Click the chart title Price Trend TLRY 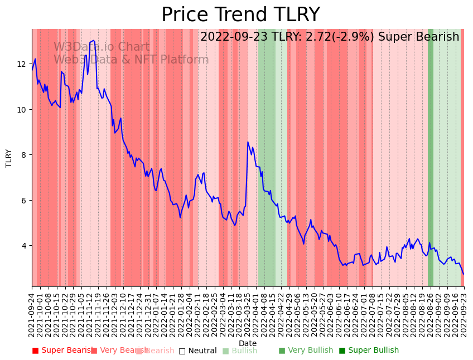pos(240,15)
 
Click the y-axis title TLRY pos(9,158)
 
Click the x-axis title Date pos(248,343)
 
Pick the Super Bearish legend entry pos(62,351)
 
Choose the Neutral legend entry pos(197,351)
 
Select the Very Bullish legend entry pos(306,351)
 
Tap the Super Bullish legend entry pos(369,351)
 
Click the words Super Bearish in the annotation pos(418,37)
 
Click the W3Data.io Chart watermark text pos(102,47)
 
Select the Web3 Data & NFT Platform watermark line pos(131,60)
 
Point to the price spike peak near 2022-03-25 pos(248,142)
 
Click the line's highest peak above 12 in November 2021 pos(93,40)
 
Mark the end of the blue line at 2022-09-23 pos(464,274)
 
